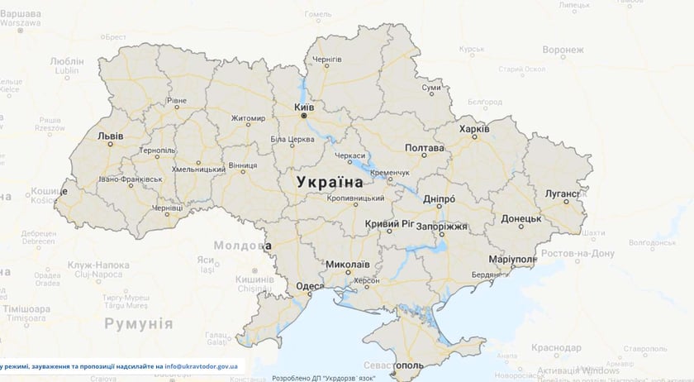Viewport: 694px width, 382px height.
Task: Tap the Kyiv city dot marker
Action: tap(304, 117)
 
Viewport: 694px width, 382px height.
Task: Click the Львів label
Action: tap(111, 135)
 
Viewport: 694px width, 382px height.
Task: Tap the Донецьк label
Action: tap(520, 219)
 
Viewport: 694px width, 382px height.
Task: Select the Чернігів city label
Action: tap(327, 60)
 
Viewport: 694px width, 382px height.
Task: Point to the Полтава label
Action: tap(425, 148)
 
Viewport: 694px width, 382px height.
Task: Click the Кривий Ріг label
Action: tap(388, 224)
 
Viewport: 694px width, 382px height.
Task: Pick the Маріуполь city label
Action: tap(511, 259)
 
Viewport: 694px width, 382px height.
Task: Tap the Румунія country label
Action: tap(137, 323)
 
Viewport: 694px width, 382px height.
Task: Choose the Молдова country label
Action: tap(240, 245)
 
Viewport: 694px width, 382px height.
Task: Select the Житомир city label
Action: tap(248, 117)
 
